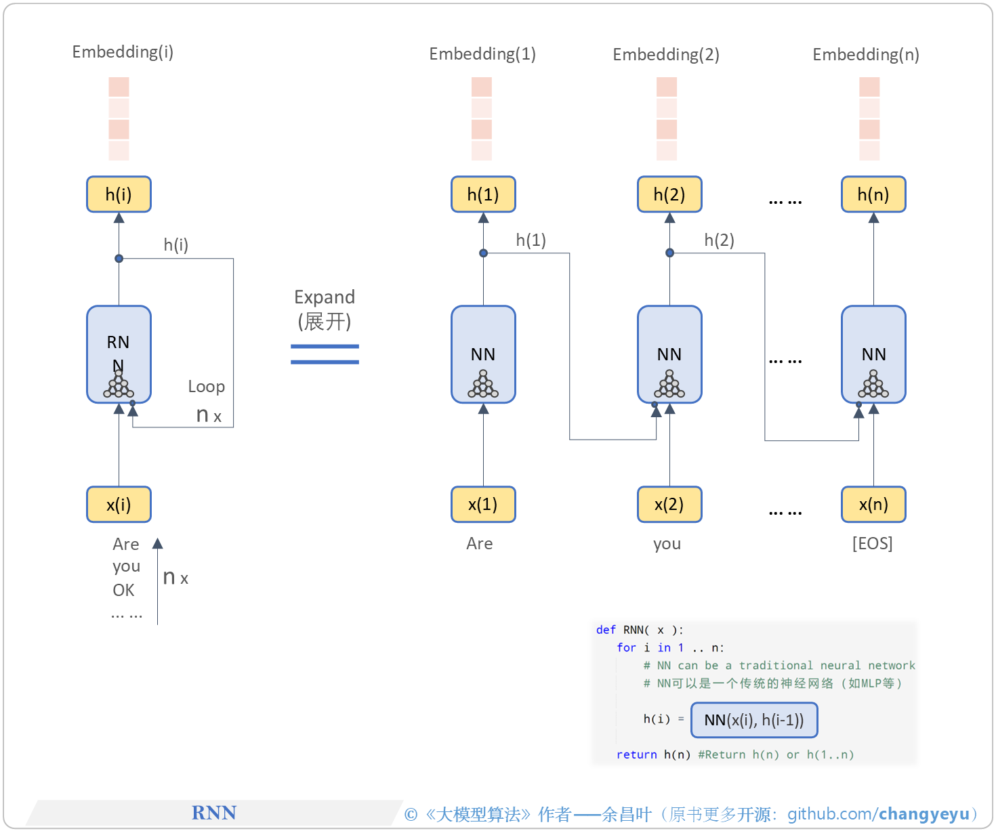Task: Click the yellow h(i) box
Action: coord(119,194)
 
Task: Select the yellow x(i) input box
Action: coord(119,505)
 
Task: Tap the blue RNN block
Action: coord(119,354)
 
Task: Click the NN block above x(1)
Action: coord(483,354)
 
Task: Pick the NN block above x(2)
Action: coord(669,354)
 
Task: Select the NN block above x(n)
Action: coord(873,354)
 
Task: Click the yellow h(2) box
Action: coord(669,194)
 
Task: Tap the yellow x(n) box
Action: coord(873,505)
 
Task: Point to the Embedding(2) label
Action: coord(665,54)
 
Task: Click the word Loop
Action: coord(206,387)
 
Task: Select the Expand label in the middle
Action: coord(324,297)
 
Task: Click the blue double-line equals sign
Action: coord(325,354)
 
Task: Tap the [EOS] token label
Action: coord(872,544)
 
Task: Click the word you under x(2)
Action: coord(667,544)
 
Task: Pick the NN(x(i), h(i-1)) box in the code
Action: coord(753,720)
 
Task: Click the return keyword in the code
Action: coord(636,754)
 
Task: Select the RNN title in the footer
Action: coord(214,813)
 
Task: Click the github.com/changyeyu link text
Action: coord(878,814)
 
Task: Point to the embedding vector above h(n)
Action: coord(869,119)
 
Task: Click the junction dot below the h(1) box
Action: coord(483,253)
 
